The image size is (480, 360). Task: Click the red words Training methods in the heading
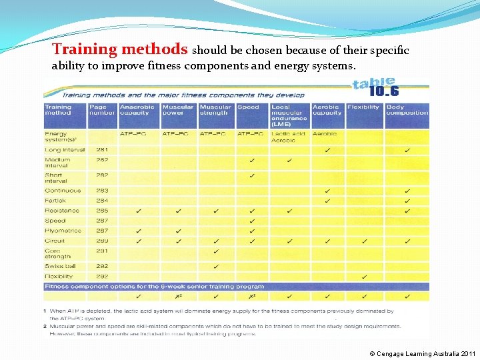click(x=120, y=49)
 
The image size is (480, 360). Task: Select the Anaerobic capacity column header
click(x=137, y=110)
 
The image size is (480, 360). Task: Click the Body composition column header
click(x=407, y=110)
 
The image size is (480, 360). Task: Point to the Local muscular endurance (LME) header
click(x=289, y=115)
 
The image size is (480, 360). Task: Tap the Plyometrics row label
click(x=63, y=231)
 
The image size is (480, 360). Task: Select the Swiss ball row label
click(x=59, y=266)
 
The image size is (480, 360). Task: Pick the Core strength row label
click(x=57, y=253)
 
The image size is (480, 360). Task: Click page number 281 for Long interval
click(x=102, y=149)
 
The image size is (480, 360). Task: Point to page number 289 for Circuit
click(x=102, y=241)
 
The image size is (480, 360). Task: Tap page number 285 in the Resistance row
click(x=102, y=210)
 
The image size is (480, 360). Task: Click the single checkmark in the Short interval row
click(x=252, y=176)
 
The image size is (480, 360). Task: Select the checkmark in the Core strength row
click(x=216, y=251)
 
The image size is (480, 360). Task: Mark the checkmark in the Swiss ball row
click(x=216, y=266)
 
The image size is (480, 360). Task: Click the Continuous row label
click(x=63, y=190)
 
